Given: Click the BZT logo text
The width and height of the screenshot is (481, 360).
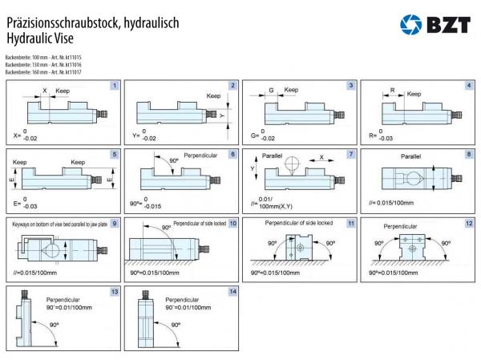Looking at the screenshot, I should coord(447,26).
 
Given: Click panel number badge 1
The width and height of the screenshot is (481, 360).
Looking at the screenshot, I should coord(115,86).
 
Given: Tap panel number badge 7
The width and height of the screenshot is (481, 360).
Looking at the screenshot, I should coord(350,153).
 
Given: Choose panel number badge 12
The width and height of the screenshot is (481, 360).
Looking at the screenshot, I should coord(469,222).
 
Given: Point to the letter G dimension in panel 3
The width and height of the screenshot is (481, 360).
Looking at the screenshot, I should coord(272,91).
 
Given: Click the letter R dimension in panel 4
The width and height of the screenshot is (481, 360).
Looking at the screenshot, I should coord(393,91).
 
